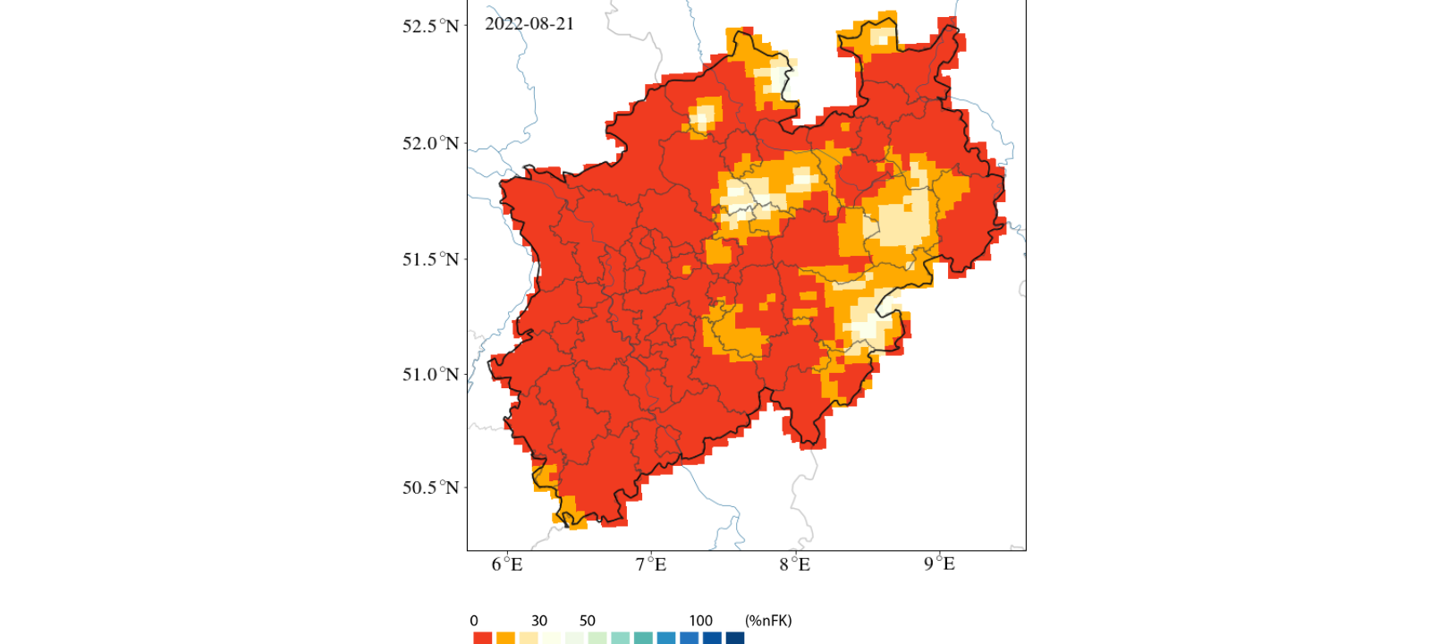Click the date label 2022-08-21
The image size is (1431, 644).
[529, 24]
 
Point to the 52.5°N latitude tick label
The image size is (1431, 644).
[430, 26]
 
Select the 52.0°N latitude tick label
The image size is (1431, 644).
[430, 143]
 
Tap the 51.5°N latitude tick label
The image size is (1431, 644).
[430, 259]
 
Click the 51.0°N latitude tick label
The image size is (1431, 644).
[430, 374]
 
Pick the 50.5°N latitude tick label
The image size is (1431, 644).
[430, 487]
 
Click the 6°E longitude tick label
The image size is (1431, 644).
[507, 564]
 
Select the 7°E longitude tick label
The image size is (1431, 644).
[651, 564]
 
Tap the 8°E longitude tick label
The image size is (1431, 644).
[794, 564]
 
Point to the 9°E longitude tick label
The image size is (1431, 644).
[939, 564]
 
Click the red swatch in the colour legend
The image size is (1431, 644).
[482, 638]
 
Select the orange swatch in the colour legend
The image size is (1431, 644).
[505, 638]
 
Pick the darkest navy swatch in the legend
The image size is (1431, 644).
[735, 638]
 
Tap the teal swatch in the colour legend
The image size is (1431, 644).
[643, 638]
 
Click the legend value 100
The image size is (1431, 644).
[700, 621]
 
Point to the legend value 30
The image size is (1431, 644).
[538, 621]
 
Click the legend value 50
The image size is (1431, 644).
[587, 621]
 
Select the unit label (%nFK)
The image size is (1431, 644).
[768, 621]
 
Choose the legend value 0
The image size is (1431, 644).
[474, 621]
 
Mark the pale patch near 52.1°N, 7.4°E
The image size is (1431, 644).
[704, 117]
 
